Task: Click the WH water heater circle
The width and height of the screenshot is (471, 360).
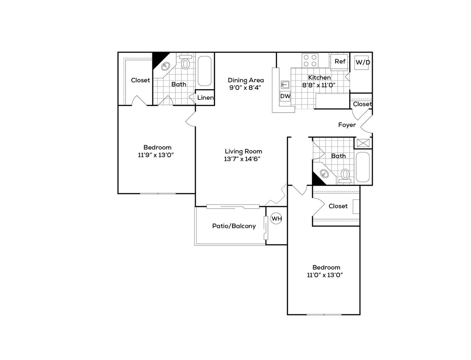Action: [276, 218]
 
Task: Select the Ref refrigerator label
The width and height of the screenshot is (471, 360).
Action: [340, 61]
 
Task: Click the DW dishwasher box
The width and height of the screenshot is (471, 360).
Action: [285, 96]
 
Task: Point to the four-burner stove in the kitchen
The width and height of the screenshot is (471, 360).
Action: [310, 60]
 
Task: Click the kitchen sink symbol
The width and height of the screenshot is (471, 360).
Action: [285, 85]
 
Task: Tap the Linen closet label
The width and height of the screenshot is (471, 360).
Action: [205, 98]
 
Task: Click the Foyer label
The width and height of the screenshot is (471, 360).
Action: [347, 125]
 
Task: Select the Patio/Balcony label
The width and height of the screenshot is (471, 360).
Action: [234, 226]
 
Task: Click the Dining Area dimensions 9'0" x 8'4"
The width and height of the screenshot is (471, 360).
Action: [245, 88]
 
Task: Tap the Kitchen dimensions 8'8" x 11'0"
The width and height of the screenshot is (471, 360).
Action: [319, 85]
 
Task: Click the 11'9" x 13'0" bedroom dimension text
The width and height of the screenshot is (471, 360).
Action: [156, 155]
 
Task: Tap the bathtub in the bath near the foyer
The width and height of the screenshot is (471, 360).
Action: [363, 167]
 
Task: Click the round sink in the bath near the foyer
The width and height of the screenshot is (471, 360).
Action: [324, 173]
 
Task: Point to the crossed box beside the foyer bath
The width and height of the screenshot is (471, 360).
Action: [363, 143]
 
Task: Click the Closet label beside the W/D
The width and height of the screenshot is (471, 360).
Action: [362, 104]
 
